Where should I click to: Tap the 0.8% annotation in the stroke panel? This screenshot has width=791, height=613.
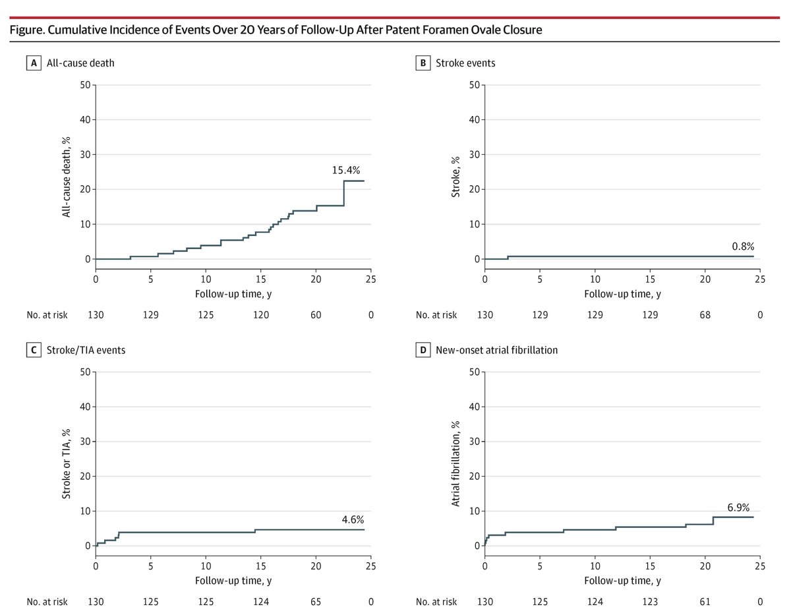[743, 246]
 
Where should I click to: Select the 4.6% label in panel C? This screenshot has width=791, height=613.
[353, 519]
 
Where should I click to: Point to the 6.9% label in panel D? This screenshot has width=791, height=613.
[738, 507]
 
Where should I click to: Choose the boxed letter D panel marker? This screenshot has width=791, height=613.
[423, 350]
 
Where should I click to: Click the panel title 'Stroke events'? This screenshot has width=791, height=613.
[465, 63]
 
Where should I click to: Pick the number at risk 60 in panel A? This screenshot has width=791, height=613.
[316, 315]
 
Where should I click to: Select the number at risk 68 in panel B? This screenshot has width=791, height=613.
[705, 315]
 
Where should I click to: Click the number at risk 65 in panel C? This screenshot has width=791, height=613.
[316, 602]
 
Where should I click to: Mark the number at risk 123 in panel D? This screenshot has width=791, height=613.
[650, 602]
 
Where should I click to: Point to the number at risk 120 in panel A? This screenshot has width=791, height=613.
[261, 315]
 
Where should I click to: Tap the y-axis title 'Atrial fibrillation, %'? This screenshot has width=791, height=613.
[456, 459]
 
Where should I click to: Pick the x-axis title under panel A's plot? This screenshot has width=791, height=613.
[233, 294]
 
